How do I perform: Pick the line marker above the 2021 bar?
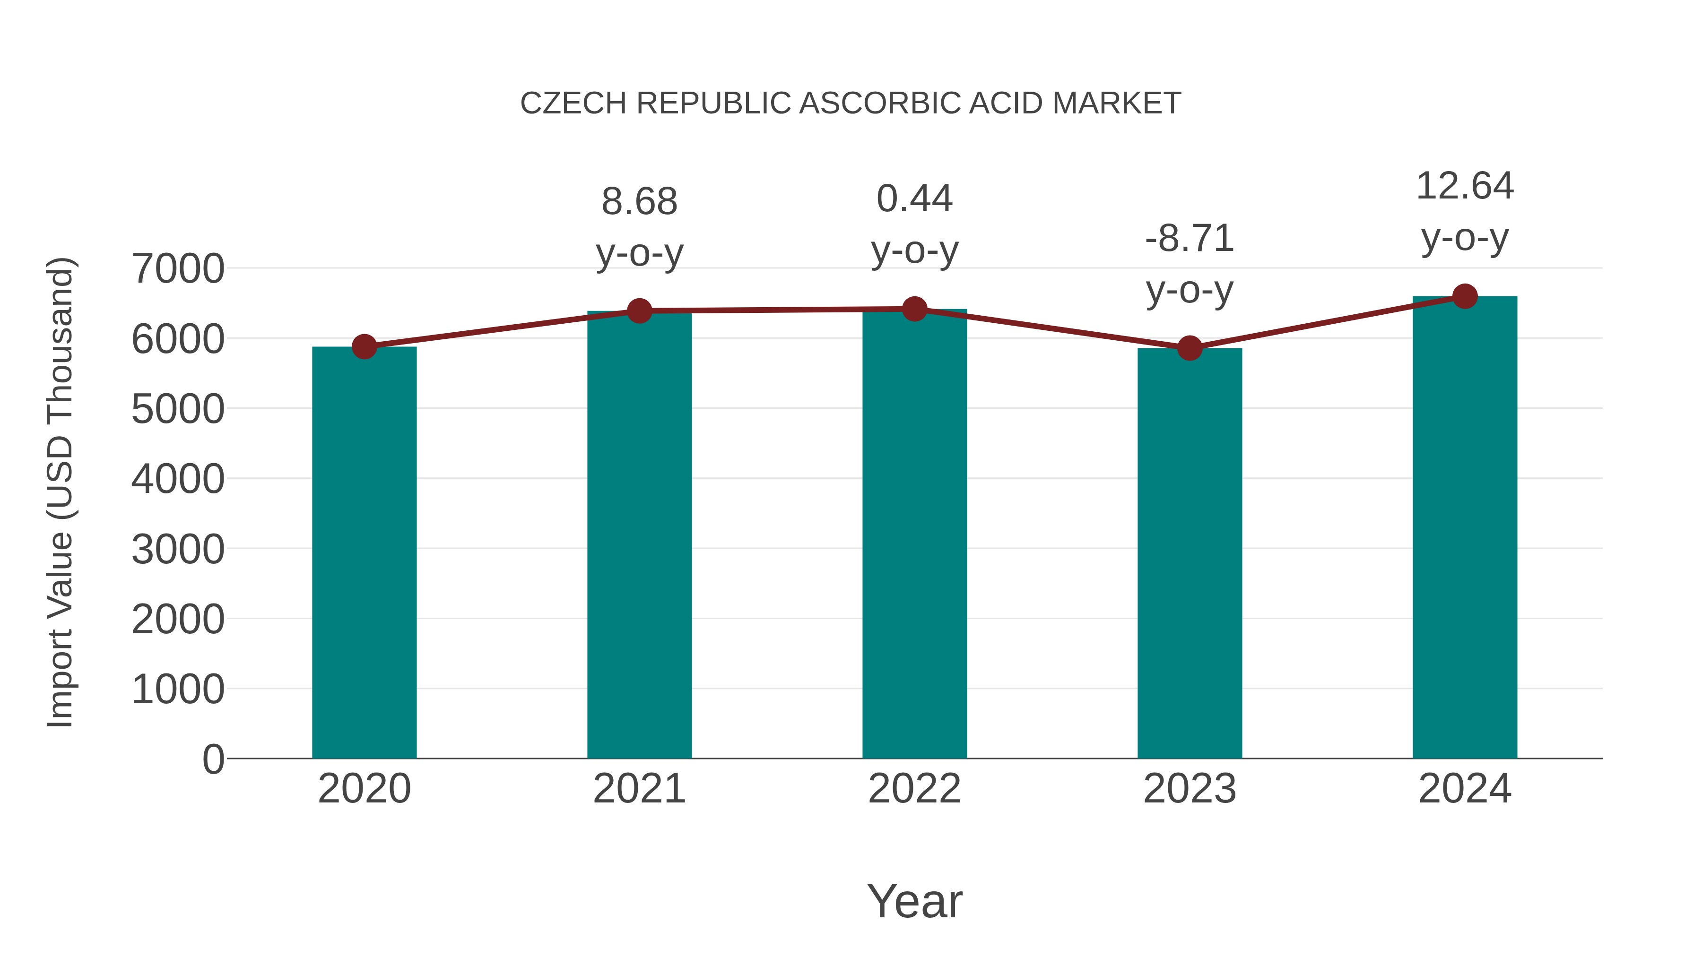tap(639, 310)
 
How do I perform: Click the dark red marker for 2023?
tap(1190, 347)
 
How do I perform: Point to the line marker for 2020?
tap(364, 346)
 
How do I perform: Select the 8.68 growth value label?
tap(639, 201)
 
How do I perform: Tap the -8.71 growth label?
tap(1190, 239)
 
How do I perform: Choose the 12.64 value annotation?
tap(1465, 186)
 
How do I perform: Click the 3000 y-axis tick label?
tap(178, 549)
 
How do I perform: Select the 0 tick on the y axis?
tap(213, 759)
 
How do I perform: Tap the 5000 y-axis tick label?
tap(178, 409)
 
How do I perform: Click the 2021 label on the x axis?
tap(639, 789)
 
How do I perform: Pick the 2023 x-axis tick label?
tap(1190, 789)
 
